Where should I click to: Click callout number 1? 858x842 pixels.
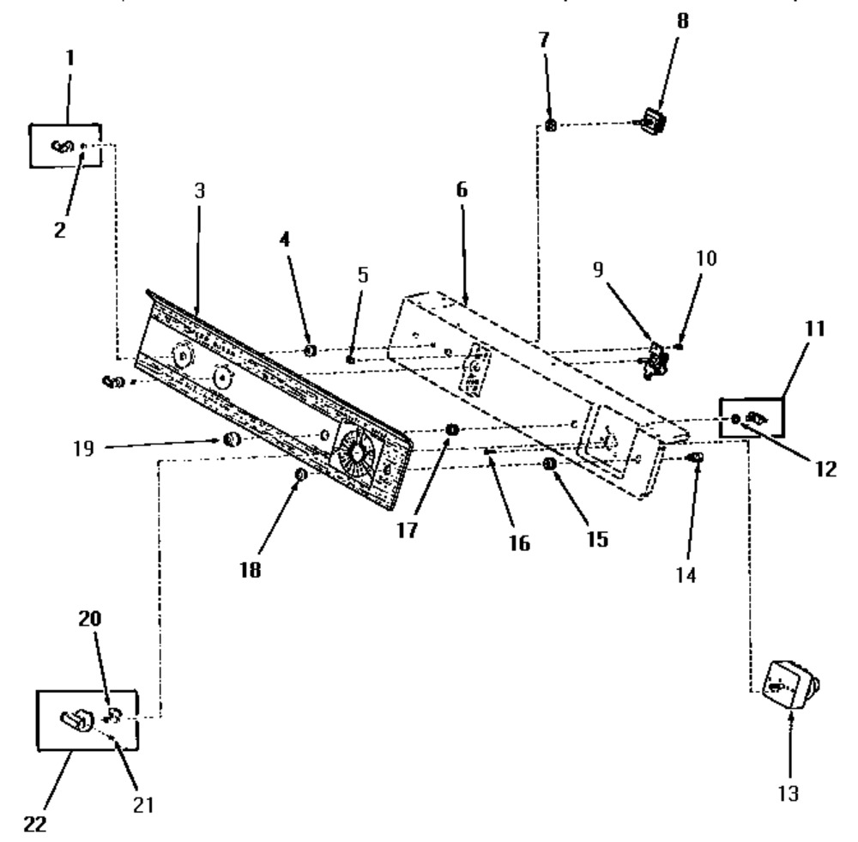(x=69, y=58)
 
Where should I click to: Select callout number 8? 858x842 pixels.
(x=682, y=21)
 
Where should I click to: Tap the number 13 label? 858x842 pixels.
(x=789, y=793)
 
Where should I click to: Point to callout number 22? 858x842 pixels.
(x=35, y=824)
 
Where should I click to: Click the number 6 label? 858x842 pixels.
(x=462, y=190)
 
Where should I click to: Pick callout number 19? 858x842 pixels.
(x=84, y=448)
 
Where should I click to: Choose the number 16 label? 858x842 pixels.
(x=519, y=543)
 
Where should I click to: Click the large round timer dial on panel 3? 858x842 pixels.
(x=356, y=452)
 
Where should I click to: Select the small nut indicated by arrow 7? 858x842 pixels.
(x=551, y=125)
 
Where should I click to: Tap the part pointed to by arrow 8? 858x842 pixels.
(x=652, y=121)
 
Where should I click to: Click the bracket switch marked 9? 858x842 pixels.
(x=656, y=359)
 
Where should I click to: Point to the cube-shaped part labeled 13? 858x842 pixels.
(x=790, y=685)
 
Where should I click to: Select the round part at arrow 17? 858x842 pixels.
(x=452, y=430)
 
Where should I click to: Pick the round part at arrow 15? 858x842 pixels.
(x=549, y=464)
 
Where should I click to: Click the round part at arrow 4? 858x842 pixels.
(x=310, y=350)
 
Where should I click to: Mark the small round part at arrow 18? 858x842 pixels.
(x=299, y=475)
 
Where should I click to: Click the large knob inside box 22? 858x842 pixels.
(x=76, y=719)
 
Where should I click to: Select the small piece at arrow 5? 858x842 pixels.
(x=350, y=360)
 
